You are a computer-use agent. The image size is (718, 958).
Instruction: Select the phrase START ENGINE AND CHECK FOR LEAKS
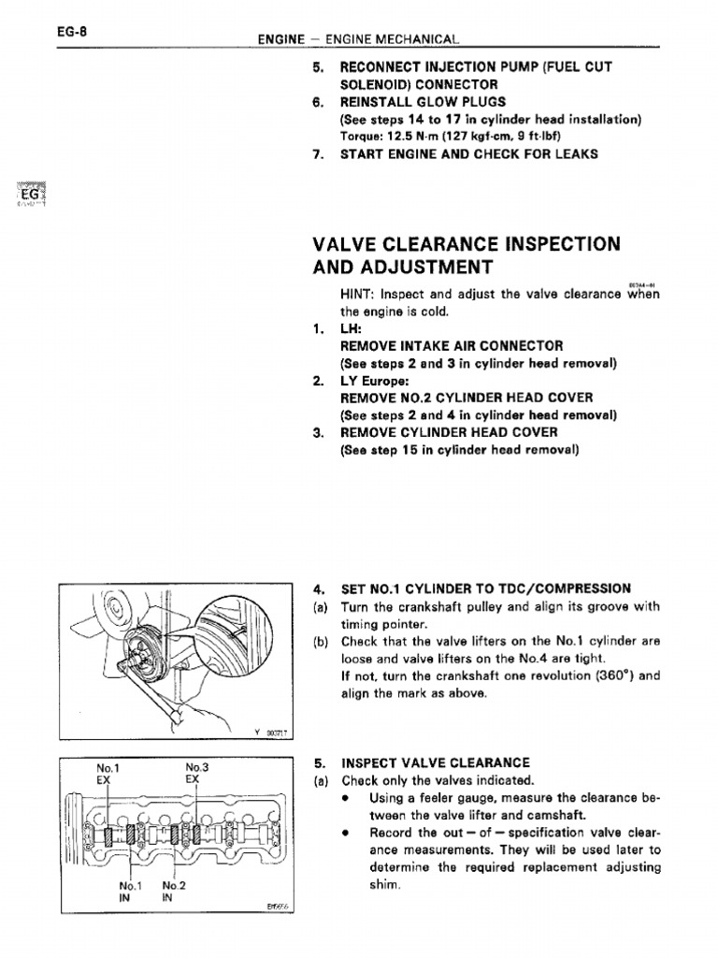click(469, 153)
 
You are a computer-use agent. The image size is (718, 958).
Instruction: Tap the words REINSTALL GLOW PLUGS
click(424, 101)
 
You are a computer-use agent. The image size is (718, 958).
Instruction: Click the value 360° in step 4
click(615, 675)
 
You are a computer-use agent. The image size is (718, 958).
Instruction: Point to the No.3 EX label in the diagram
click(195, 773)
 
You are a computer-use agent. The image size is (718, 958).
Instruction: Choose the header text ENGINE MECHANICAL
click(400, 40)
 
